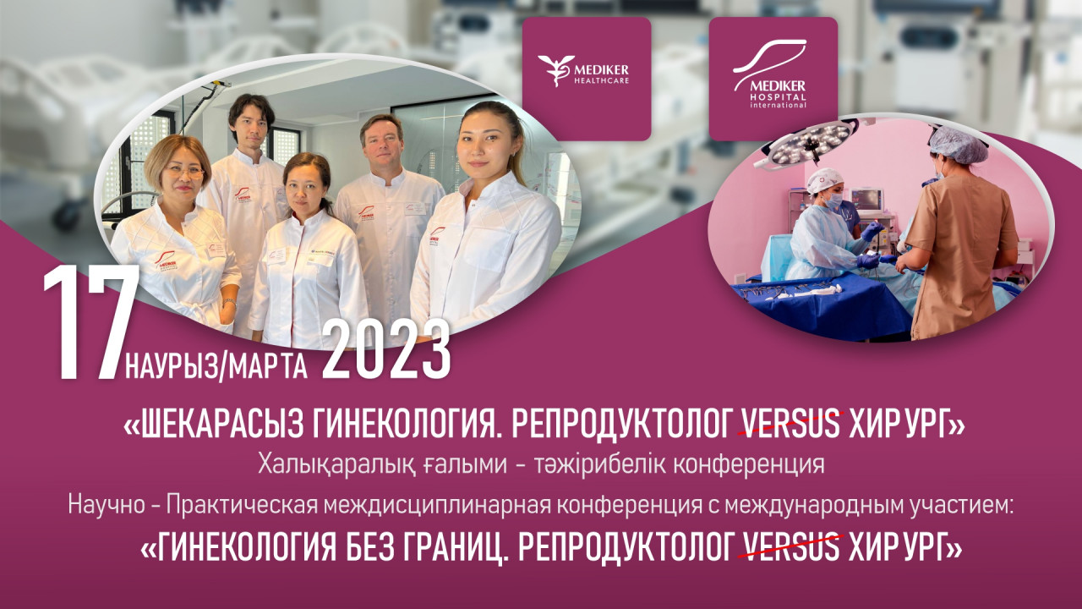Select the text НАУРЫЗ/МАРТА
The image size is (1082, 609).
[216, 367]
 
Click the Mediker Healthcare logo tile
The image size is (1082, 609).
[587, 79]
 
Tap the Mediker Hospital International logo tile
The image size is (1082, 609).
[773, 79]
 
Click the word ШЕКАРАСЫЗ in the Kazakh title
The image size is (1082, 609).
[222, 425]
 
